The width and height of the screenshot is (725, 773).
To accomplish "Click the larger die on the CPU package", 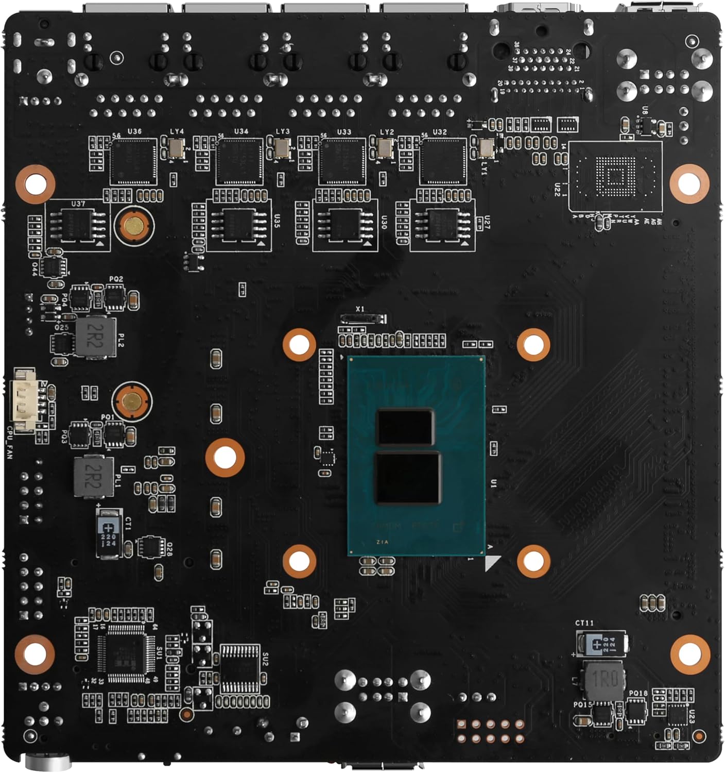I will tap(408, 478).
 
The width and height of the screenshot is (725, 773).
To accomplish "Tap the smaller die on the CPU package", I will tap(405, 427).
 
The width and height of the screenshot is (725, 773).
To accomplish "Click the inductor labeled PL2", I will tap(96, 337).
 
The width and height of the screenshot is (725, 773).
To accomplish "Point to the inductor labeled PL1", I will tap(94, 476).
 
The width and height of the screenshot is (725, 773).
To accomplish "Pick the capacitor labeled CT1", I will tap(109, 533).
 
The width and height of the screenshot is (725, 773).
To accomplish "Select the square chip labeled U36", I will tap(133, 161).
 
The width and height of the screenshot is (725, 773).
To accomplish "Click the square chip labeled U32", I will tap(443, 161).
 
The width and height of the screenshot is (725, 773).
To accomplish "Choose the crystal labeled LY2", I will tap(385, 149).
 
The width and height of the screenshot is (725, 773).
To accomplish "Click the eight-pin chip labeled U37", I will tap(77, 226).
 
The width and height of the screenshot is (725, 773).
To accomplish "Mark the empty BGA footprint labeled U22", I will tap(615, 177).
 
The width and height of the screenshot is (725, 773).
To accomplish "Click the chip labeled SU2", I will tap(240, 668).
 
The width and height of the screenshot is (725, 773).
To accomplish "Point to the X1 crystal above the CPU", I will tap(363, 318).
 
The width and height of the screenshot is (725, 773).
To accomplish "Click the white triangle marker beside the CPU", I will tap(491, 563).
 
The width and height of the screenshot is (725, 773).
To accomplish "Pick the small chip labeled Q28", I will tap(150, 547).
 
